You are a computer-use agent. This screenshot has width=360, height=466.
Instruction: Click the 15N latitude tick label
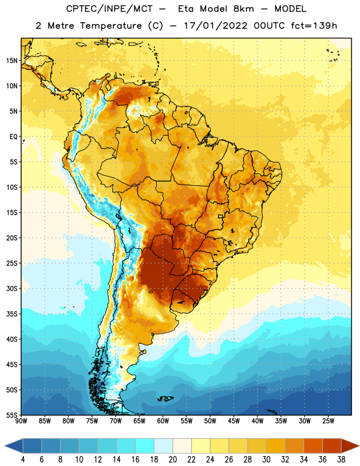pyautogui.click(x=12, y=61)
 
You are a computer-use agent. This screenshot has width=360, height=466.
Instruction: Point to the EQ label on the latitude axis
pyautogui.click(x=13, y=137)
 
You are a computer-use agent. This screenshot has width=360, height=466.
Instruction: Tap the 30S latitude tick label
pyautogui.click(x=12, y=288)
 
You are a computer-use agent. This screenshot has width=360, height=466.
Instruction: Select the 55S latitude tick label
pyautogui.click(x=12, y=415)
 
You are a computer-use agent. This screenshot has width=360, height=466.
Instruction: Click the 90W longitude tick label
pyautogui.click(x=22, y=421)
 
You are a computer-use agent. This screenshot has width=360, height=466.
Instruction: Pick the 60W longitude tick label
pyautogui.click(x=163, y=421)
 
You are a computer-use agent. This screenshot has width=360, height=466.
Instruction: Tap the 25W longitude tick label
pyautogui.click(x=328, y=421)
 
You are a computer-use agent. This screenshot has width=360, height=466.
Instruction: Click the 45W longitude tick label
pyautogui.click(x=234, y=421)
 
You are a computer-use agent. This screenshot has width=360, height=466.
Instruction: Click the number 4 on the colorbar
pyautogui.click(x=23, y=460)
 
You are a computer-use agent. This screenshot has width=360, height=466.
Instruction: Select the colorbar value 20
pyautogui.click(x=172, y=460)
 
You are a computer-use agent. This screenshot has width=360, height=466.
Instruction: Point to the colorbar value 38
pyautogui.click(x=341, y=460)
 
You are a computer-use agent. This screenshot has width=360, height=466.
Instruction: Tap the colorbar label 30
pyautogui.click(x=266, y=460)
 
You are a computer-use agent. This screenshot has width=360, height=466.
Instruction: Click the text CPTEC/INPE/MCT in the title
pyautogui.click(x=109, y=9)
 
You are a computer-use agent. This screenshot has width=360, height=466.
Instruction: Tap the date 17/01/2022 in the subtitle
pyautogui.click(x=216, y=26)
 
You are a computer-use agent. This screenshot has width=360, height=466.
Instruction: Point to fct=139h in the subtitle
pyautogui.click(x=314, y=26)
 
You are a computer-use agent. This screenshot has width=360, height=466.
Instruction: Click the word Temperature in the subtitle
pyautogui.click(x=111, y=26)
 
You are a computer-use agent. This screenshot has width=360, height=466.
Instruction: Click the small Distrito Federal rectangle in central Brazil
pyautogui.click(x=221, y=216)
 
